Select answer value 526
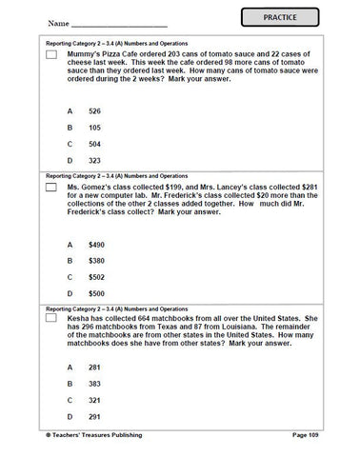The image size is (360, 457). point(94,111)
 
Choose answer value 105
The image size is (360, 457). point(94,129)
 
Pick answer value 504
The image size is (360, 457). point(94,146)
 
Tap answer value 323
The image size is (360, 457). point(94,163)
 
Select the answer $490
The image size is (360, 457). point(96,245)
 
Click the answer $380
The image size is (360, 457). point(96,261)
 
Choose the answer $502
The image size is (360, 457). point(96,277)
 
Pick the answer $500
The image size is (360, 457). point(96,294)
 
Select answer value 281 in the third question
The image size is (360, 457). point(94,368)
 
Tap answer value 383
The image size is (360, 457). point(94,384)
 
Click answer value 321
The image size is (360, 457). point(94,401)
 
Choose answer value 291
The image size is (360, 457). point(94,417)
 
